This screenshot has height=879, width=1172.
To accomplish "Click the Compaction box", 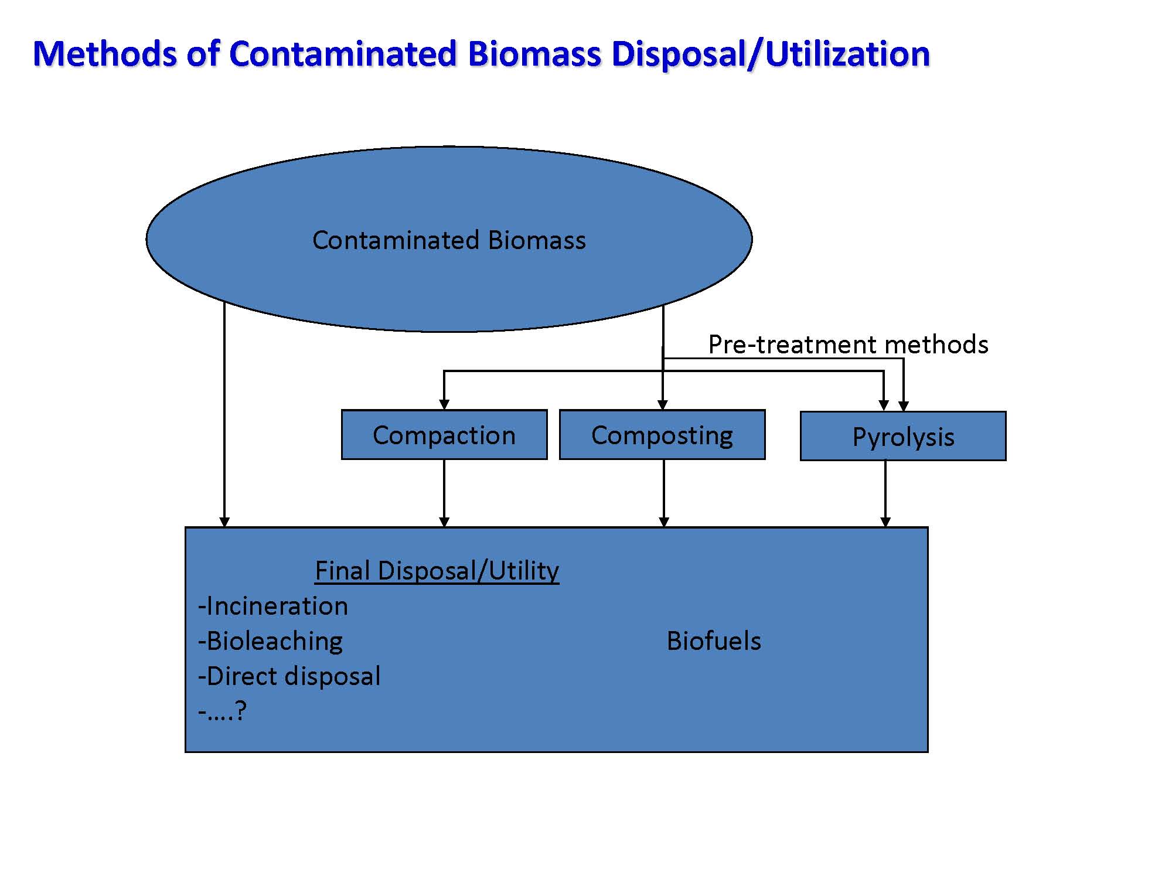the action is tap(444, 435).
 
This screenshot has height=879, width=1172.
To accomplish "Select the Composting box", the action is tap(662, 435).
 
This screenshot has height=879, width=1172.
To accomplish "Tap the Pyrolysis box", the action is tap(903, 436).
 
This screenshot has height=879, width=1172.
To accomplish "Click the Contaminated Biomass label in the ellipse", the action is tap(449, 240).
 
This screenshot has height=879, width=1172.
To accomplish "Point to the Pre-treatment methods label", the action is tap(848, 345).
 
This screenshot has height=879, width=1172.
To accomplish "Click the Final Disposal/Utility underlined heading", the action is tap(437, 571).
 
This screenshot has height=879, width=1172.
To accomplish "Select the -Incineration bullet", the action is tap(273, 606).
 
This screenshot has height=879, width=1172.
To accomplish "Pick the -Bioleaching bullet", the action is tap(270, 641).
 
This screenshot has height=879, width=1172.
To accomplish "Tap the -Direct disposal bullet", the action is tap(289, 676).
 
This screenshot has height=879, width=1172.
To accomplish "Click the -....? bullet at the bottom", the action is tap(223, 711).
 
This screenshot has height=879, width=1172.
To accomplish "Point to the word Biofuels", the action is tap(714, 641).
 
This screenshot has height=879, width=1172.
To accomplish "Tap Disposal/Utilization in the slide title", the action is tap(771, 54).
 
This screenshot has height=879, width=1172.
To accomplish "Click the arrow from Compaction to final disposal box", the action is tap(444, 493).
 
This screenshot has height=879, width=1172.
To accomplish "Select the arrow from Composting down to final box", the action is tap(664, 493).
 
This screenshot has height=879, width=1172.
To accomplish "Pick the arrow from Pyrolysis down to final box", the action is tap(885, 494).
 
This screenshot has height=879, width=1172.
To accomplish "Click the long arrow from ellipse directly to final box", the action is tap(224, 414).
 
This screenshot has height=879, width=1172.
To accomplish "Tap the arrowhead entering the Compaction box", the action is tap(444, 405).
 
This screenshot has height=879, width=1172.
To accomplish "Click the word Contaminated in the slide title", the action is tap(343, 54).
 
